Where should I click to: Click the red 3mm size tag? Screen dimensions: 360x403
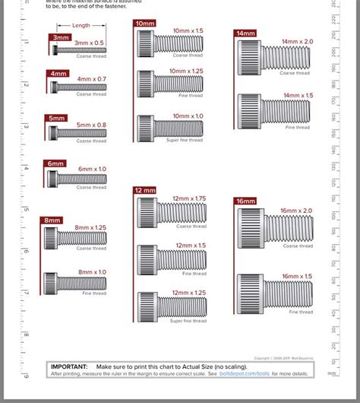(61, 36)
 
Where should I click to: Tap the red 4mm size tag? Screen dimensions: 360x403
(58, 74)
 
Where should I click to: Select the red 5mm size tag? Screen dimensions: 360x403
(57, 118)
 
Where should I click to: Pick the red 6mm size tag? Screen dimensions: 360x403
(55, 163)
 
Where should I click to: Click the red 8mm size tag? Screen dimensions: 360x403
(52, 221)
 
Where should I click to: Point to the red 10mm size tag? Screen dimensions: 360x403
(144, 24)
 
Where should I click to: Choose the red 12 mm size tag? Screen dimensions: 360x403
(145, 190)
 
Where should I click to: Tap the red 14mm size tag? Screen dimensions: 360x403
(245, 33)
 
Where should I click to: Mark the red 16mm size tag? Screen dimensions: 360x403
(246, 201)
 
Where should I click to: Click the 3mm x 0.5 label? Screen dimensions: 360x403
(90, 43)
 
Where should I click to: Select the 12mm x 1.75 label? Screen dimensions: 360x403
(189, 198)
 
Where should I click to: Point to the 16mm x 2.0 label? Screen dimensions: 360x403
(296, 210)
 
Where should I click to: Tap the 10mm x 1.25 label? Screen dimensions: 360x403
(187, 70)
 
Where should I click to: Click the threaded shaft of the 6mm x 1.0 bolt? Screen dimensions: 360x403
(82, 179)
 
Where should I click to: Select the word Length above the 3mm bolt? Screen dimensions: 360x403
(81, 26)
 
